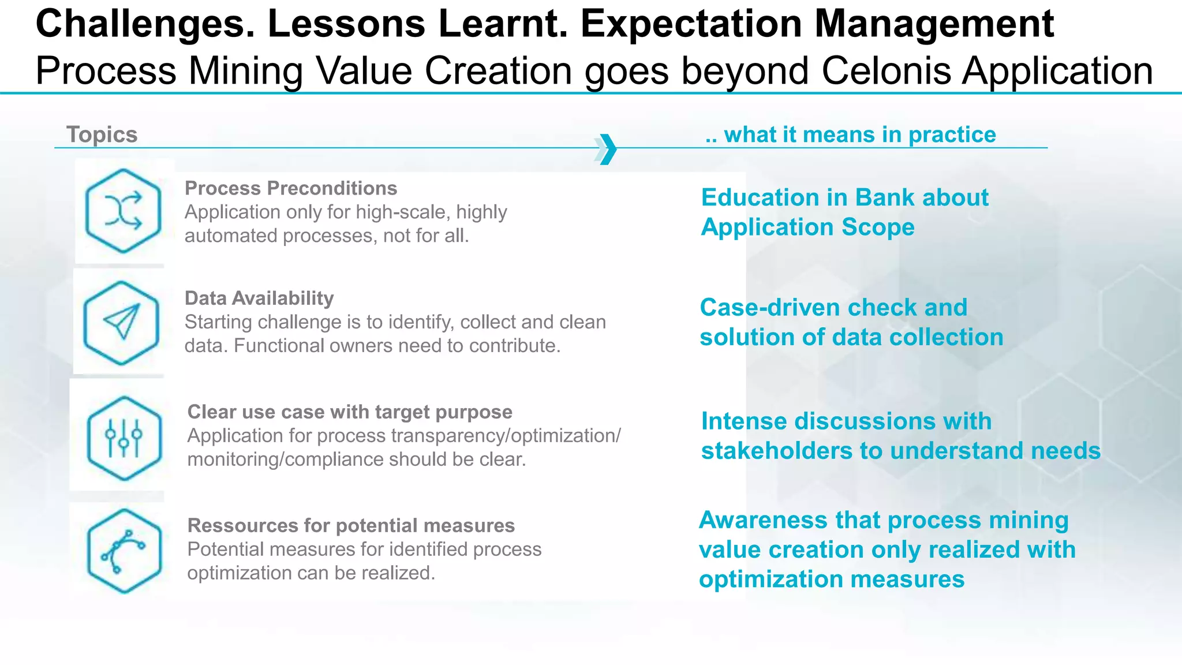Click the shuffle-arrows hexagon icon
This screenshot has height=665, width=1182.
(123, 211)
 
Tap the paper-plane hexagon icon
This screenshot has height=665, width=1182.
(121, 323)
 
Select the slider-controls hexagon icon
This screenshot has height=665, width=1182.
(124, 438)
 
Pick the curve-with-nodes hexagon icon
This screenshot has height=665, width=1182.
(124, 551)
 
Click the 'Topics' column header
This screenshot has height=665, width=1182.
(102, 135)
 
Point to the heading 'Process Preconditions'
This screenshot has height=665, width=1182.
(291, 188)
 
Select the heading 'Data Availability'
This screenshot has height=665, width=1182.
(259, 298)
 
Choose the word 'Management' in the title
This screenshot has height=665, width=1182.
(934, 24)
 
